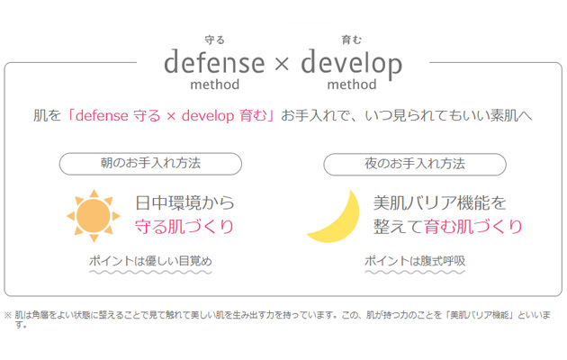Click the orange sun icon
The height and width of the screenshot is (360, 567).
point(94,216)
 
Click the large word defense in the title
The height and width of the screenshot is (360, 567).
point(214,62)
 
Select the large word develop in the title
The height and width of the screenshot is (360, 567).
point(352,64)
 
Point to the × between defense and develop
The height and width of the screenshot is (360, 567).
point(282,64)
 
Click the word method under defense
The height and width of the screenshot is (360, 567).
point(215,85)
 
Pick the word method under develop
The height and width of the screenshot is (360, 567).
point(352,85)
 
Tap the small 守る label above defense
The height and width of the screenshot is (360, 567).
point(215,40)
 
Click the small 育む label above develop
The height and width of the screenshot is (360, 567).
point(352,40)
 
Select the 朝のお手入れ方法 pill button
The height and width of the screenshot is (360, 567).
point(150,164)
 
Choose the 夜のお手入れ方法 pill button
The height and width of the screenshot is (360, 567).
point(415,165)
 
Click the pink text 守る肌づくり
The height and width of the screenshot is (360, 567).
point(184,227)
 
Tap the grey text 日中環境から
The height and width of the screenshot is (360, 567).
point(184,202)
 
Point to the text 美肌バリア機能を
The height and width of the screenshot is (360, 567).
point(440,202)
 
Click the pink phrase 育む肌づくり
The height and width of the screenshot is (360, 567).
point(473,227)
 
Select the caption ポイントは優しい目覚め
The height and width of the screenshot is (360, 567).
point(150,261)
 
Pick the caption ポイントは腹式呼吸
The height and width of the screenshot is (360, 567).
point(415,261)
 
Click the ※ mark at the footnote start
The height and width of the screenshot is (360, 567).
point(8,315)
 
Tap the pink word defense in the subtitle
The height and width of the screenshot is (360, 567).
point(102,116)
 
